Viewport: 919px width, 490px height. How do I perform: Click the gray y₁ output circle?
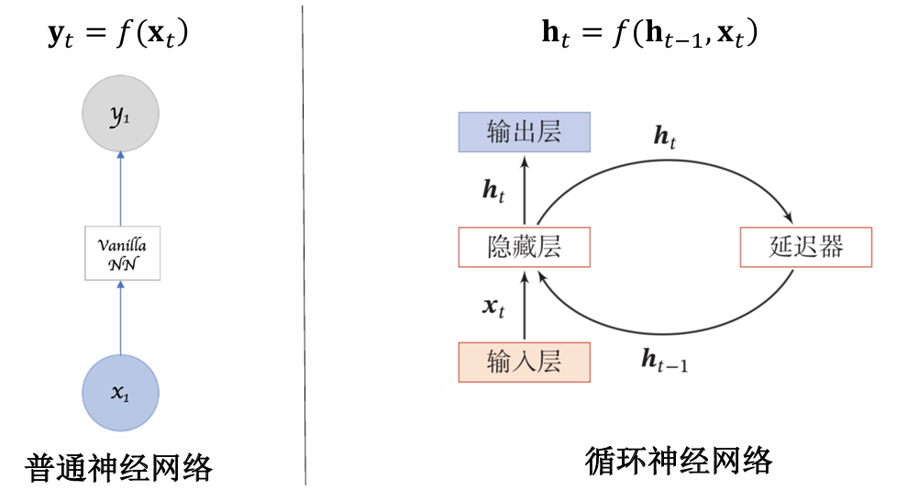coord(120,116)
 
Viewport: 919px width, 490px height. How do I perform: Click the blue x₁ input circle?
coord(120,393)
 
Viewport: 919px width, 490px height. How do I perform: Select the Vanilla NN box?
coord(122,252)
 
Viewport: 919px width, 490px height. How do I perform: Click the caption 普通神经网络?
coord(119,468)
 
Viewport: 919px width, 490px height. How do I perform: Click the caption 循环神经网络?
coord(678,462)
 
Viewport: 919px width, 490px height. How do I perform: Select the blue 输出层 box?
coord(524,132)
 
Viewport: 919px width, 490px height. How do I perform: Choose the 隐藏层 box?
coord(524,247)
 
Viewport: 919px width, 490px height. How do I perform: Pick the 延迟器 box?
coord(805,247)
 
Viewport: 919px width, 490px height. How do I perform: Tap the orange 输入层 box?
coord(524,362)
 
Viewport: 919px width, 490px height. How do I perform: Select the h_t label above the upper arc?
coord(664,138)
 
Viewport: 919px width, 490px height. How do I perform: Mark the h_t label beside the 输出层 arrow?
coord(493,191)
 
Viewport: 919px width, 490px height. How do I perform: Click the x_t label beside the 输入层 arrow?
coord(493,306)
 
